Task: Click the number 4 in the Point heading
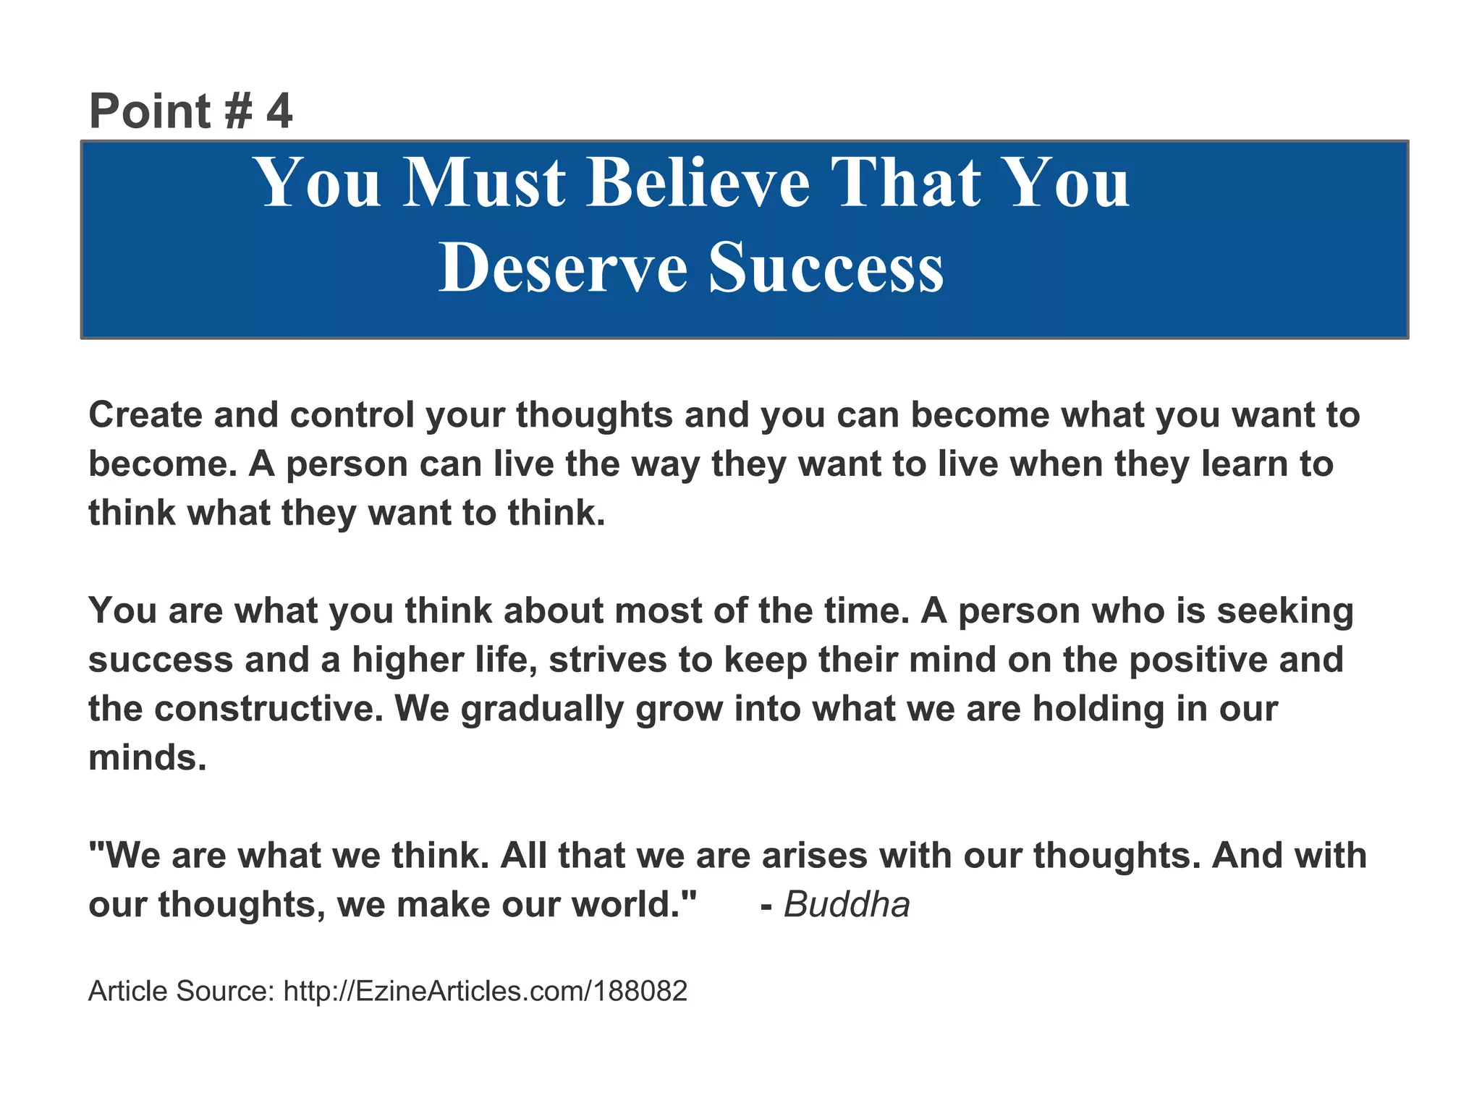pos(279,112)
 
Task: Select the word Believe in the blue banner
pos(698,183)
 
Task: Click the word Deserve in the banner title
pos(562,268)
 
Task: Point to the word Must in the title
pos(484,183)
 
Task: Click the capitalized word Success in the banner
pos(826,268)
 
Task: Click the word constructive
pos(268,709)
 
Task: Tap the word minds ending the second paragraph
pos(147,758)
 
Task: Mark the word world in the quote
pos(633,905)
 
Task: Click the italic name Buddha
pos(847,905)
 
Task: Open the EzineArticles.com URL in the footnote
pos(485,992)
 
